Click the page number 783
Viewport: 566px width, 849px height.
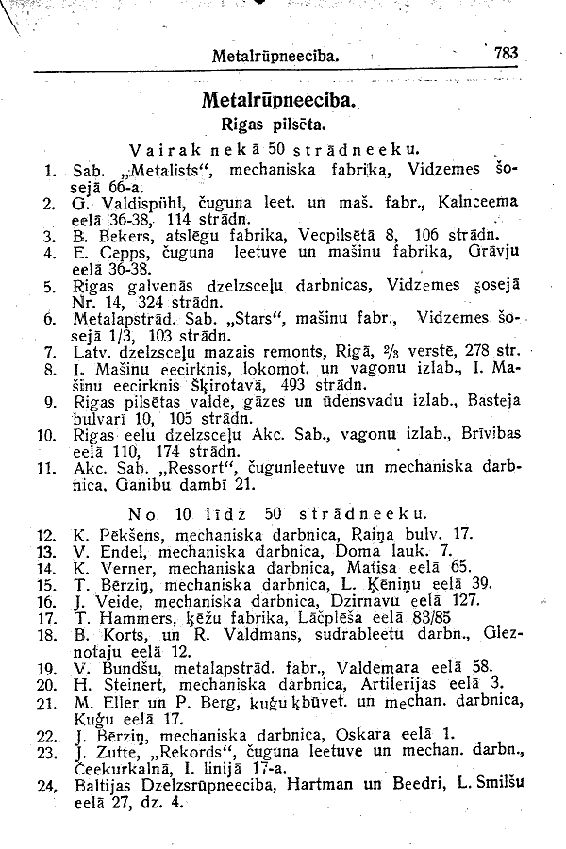coord(507,54)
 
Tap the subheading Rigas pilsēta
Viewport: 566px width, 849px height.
coord(274,123)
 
